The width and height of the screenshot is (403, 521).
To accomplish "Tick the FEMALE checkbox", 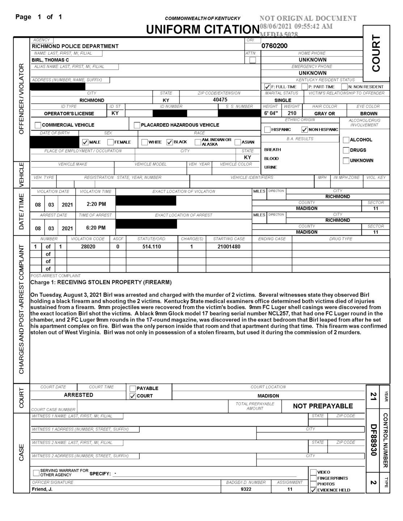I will click(x=111, y=142).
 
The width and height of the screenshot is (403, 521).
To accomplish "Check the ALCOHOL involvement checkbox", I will click(x=346, y=140).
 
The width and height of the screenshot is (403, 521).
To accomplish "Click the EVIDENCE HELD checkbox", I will click(x=313, y=490).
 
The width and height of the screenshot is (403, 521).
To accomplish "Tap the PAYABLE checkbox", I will click(x=133, y=389).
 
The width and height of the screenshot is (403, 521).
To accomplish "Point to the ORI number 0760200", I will click(x=274, y=46).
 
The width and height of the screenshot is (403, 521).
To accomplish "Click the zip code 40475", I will click(x=220, y=100).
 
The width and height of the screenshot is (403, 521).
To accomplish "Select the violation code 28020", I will click(x=88, y=246).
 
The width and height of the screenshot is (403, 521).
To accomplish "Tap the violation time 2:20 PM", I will click(x=96, y=204).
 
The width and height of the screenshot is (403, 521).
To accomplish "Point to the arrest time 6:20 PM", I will click(x=96, y=228).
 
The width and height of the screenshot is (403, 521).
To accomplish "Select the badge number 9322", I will click(x=246, y=489).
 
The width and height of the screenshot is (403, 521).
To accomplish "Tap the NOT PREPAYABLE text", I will click(x=323, y=406).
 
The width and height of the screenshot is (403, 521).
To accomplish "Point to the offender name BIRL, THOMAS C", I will click(x=50, y=60).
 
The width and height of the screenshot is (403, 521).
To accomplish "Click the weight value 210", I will click(x=292, y=113).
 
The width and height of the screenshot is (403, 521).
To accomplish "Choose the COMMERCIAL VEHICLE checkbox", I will click(x=38, y=125).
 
